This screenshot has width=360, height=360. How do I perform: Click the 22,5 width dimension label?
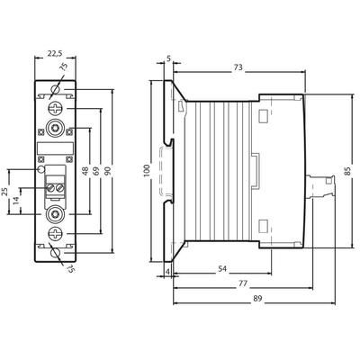(x=55, y=54)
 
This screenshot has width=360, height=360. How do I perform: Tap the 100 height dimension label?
(x=147, y=171)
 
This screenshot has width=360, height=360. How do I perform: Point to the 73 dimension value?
(x=238, y=67)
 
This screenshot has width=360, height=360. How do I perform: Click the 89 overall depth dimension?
(x=257, y=299)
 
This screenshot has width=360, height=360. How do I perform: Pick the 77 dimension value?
(x=243, y=283)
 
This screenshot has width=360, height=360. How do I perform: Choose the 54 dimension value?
(x=221, y=269)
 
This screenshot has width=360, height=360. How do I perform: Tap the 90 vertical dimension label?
(x=108, y=171)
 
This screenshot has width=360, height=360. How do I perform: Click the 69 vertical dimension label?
(x=96, y=171)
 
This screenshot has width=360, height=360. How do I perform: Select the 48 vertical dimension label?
(x=85, y=171)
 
